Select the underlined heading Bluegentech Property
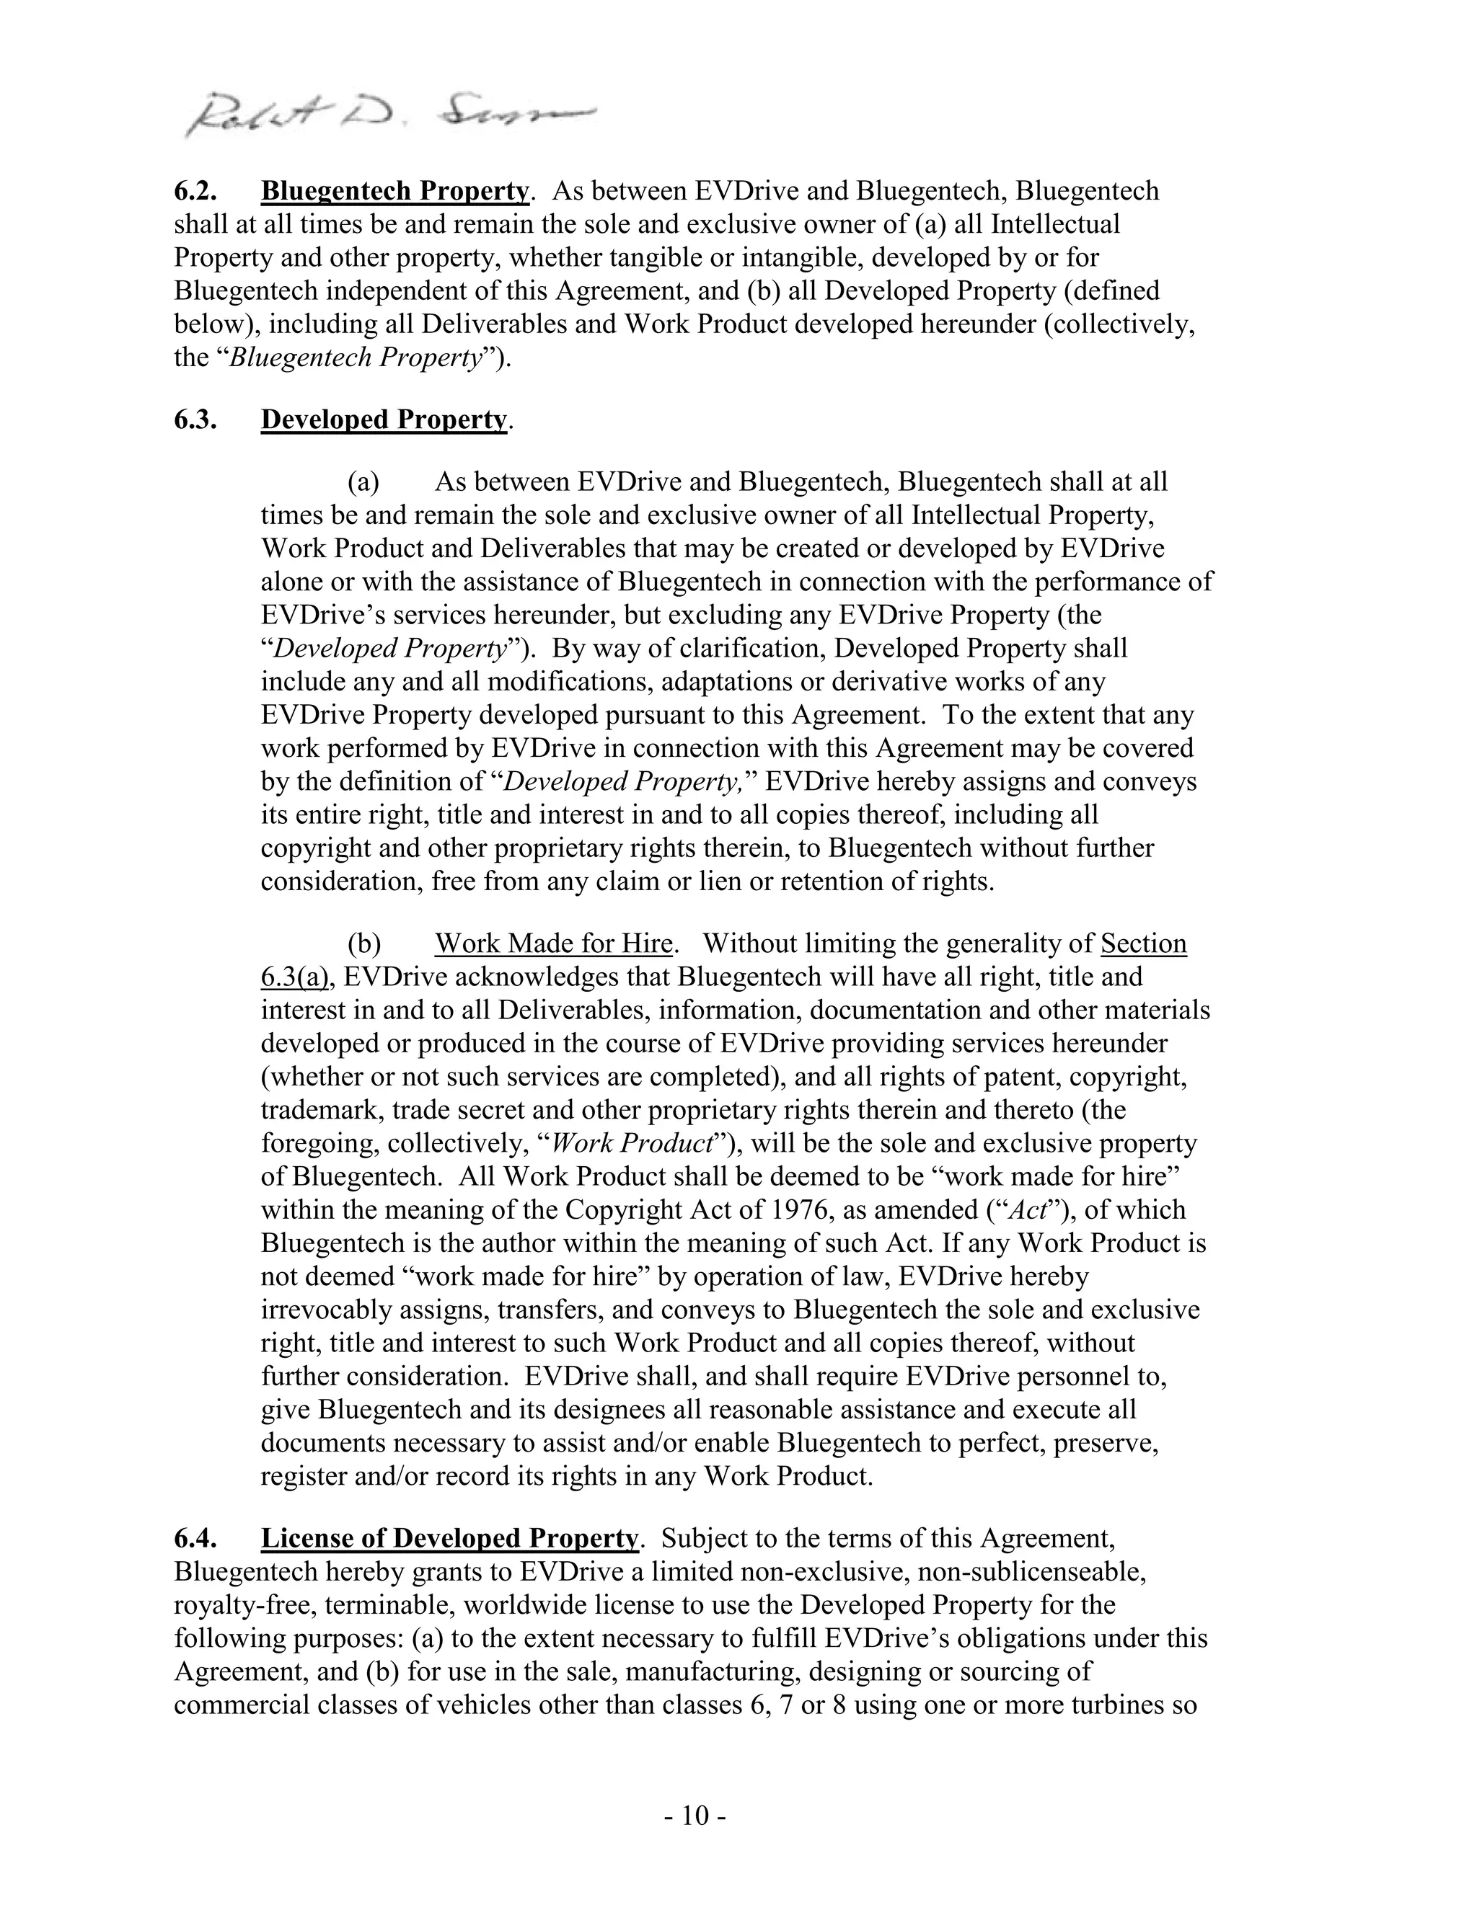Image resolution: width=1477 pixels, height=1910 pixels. (x=395, y=191)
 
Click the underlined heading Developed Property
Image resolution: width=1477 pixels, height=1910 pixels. (x=383, y=419)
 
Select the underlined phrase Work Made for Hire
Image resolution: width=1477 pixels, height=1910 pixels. (x=553, y=943)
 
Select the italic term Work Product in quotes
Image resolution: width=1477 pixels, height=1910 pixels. (x=641, y=1144)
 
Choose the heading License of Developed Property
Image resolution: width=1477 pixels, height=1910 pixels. (x=450, y=1538)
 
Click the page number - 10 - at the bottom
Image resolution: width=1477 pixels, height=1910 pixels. (x=695, y=1816)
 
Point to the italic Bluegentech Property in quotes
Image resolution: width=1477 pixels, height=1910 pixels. (x=356, y=357)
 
